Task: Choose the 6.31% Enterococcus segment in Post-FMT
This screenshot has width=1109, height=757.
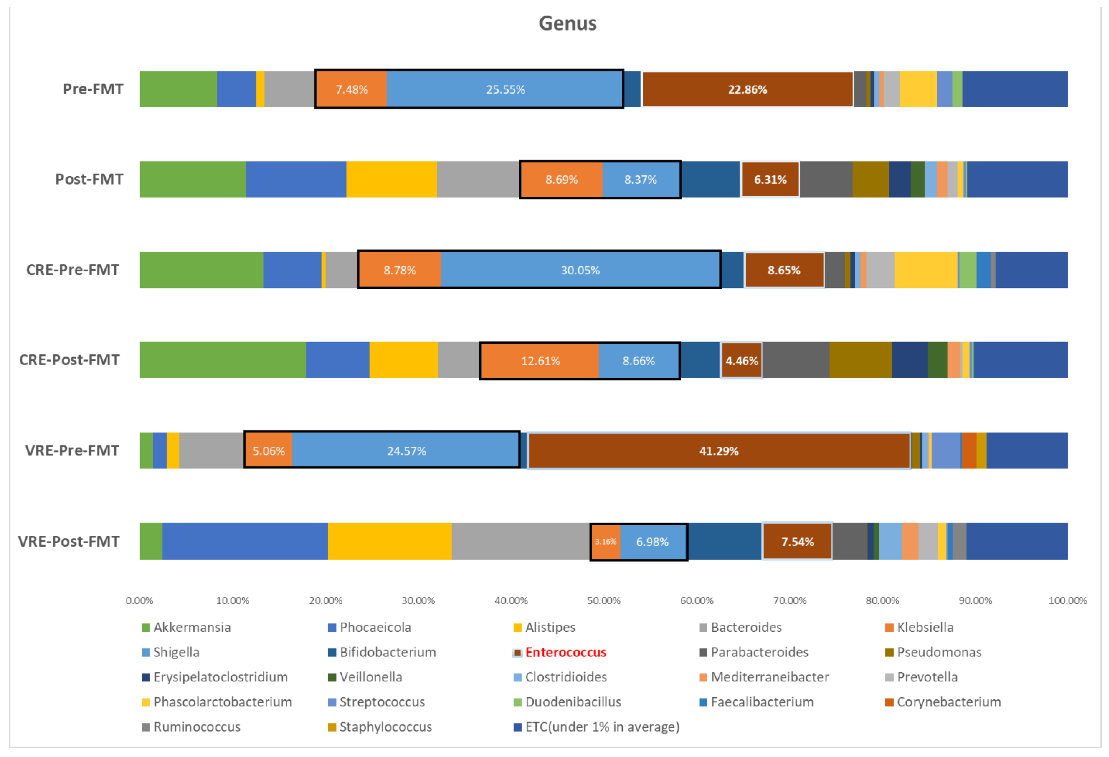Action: point(770,179)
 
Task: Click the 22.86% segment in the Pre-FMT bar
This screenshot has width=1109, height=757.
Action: point(747,89)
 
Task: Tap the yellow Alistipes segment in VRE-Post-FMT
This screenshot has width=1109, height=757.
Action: point(390,541)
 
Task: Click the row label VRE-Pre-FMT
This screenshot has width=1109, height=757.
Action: point(72,450)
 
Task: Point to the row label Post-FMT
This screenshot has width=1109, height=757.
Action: point(89,179)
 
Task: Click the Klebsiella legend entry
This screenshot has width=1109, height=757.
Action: point(924,627)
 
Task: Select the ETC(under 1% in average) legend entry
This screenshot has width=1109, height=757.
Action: point(602,726)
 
